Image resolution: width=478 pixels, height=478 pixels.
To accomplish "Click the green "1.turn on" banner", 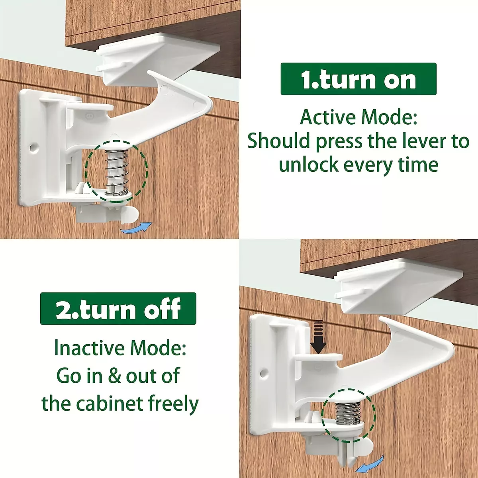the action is pyautogui.click(x=358, y=79).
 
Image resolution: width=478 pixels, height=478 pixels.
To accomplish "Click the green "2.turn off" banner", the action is pyautogui.click(x=118, y=309).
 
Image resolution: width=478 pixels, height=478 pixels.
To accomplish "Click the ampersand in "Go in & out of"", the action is pyautogui.click(x=114, y=376).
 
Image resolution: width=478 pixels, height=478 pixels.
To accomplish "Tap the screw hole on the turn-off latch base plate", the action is pyautogui.click(x=264, y=372).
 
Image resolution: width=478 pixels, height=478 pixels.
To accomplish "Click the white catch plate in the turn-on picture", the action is pyautogui.click(x=159, y=59).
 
